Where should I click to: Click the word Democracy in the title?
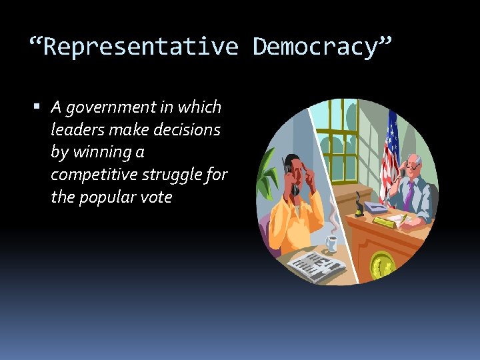[316, 47]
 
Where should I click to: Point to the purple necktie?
[409, 193]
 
